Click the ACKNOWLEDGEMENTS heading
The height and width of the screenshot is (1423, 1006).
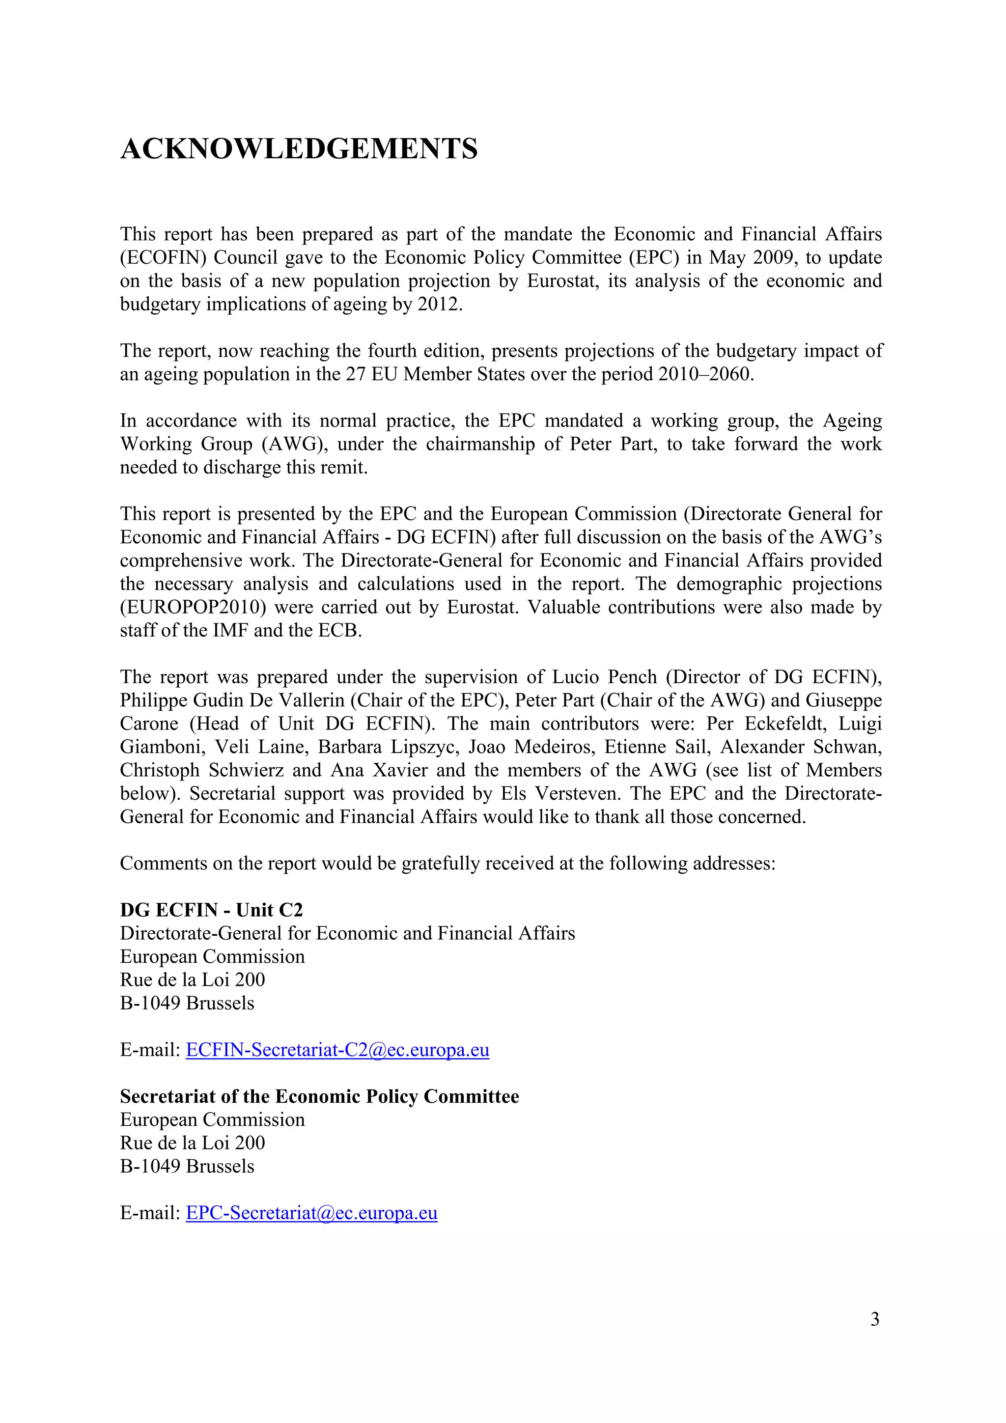299,149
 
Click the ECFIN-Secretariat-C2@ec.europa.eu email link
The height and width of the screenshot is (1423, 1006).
337,1050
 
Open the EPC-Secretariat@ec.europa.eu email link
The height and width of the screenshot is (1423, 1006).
311,1213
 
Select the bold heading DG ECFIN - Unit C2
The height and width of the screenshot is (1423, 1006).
211,910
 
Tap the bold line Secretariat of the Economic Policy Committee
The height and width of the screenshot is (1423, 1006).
319,1096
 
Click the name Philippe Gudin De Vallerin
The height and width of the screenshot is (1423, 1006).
232,700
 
